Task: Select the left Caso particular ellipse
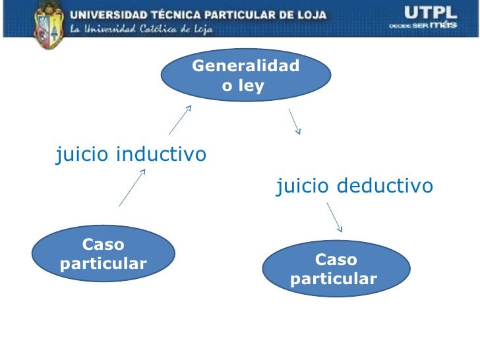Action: coord(104,254)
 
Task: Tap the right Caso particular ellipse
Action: coord(336,269)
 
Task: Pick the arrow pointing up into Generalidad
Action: coord(180,119)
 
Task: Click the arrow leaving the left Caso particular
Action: coord(132,188)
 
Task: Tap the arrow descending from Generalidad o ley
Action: coord(294,122)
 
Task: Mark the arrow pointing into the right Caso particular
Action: coord(335,217)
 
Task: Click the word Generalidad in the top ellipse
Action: coord(246,66)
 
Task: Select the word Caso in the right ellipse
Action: coord(336,259)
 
